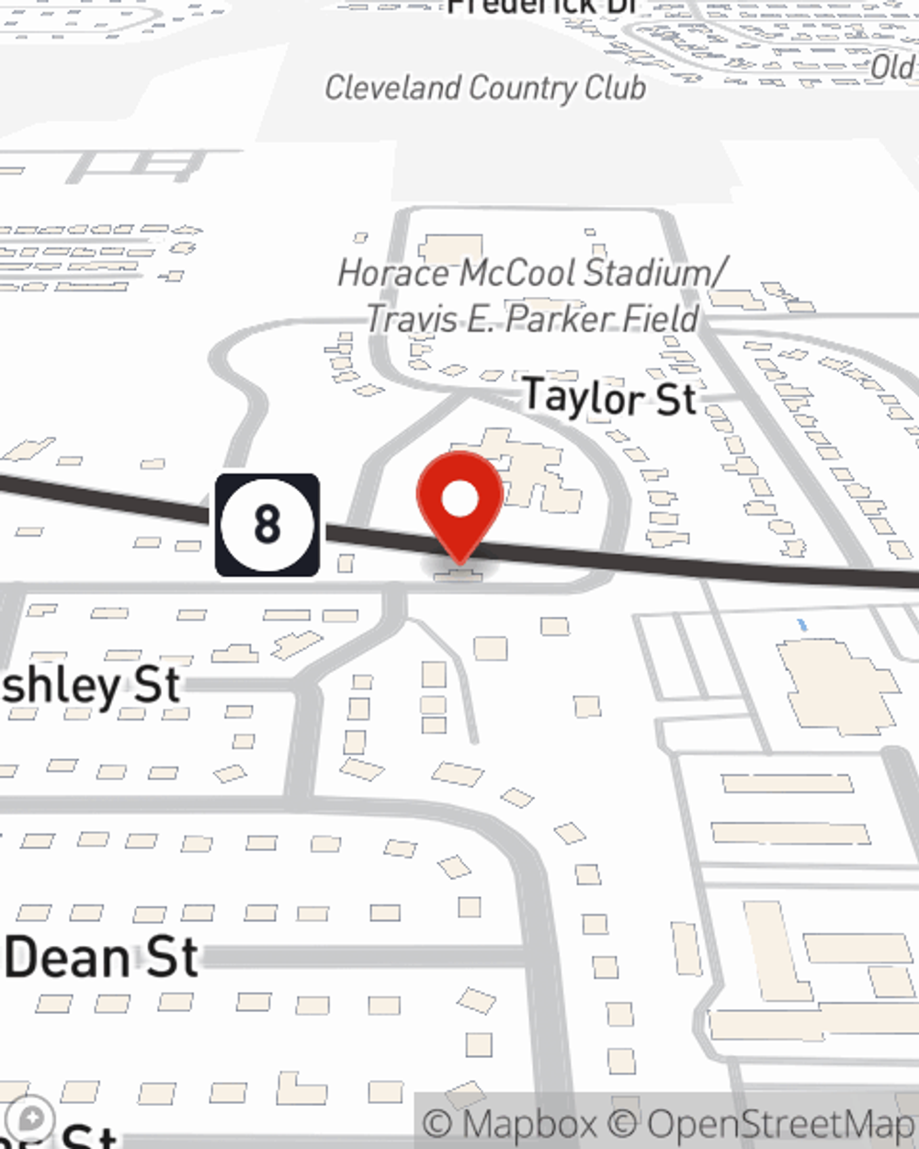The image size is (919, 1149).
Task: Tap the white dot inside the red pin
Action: (460, 500)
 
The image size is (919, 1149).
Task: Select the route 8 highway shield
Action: (267, 525)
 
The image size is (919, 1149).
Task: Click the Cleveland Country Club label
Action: (484, 88)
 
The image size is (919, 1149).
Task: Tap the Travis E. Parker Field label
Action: (533, 319)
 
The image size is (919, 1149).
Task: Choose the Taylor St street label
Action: (609, 398)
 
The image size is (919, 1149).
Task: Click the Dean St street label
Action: (101, 958)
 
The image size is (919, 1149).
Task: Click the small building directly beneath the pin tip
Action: (459, 575)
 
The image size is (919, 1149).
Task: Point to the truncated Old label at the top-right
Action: (892, 67)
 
